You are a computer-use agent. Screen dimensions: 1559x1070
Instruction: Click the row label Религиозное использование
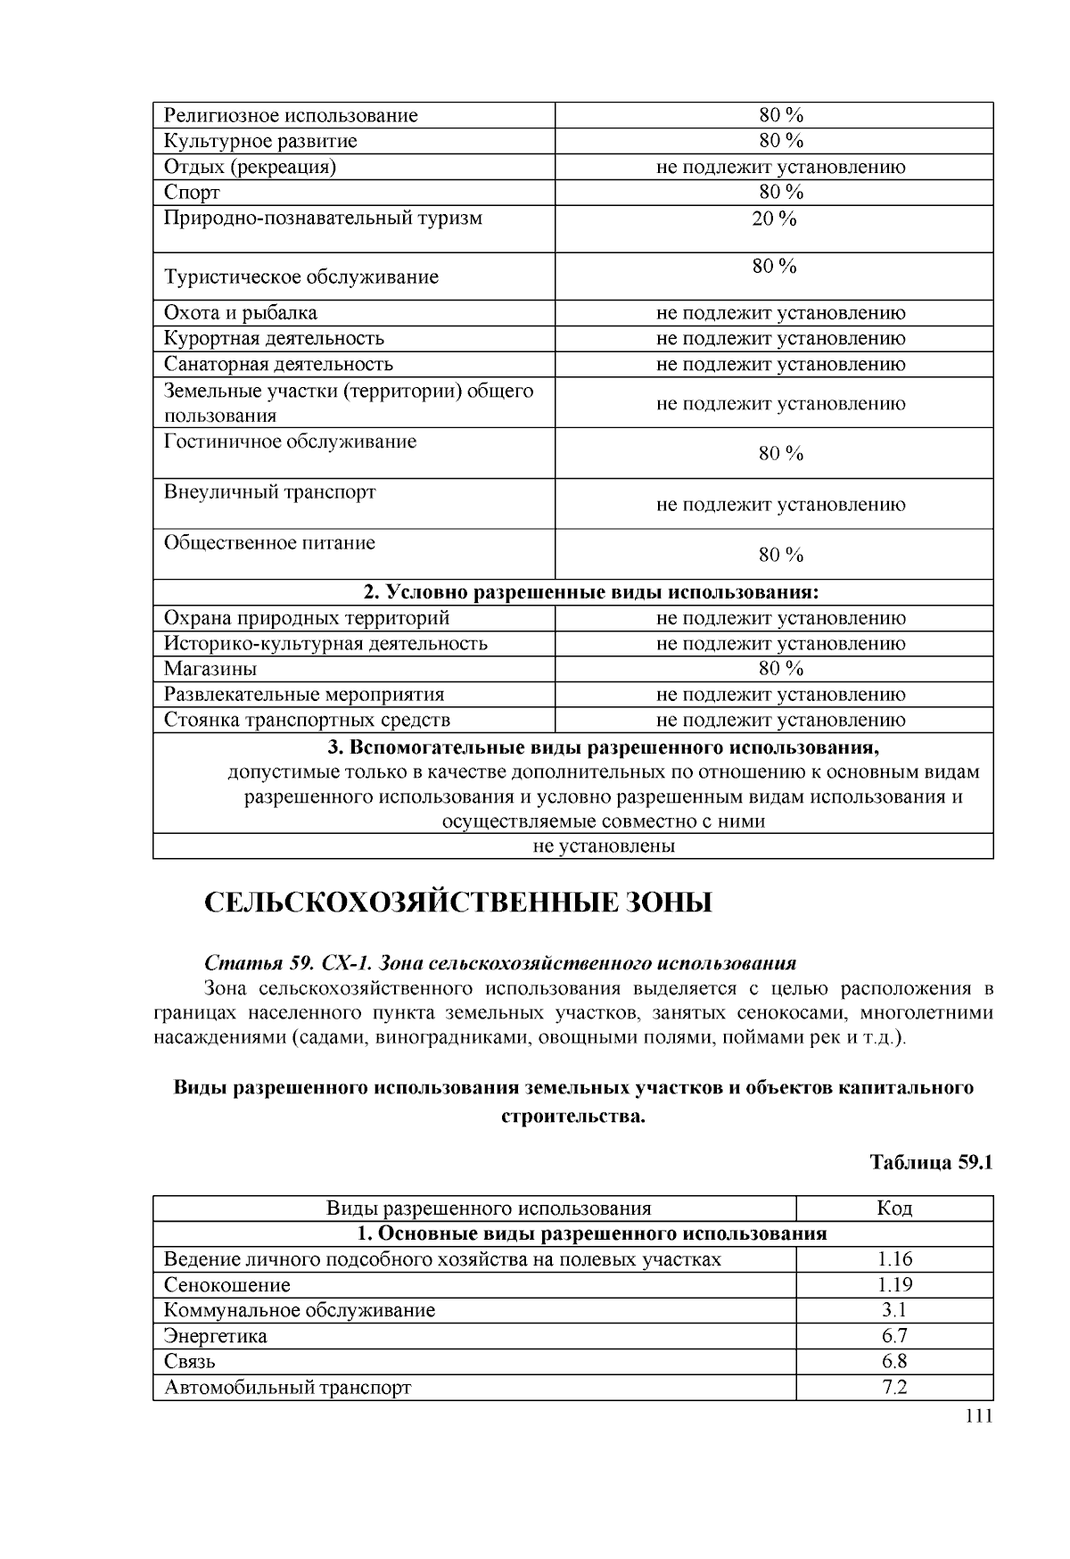tap(291, 116)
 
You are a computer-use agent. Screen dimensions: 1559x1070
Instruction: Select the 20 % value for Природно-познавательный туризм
tap(774, 219)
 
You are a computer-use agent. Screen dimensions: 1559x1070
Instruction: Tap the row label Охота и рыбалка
tap(241, 313)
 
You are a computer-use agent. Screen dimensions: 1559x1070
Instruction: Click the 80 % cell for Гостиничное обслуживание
tap(781, 454)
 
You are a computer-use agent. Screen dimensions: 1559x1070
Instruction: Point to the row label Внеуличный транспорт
tap(270, 492)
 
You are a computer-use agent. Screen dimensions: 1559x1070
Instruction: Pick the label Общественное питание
tap(270, 543)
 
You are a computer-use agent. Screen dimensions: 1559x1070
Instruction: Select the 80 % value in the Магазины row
tap(781, 669)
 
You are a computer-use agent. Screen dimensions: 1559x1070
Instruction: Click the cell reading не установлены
tap(604, 846)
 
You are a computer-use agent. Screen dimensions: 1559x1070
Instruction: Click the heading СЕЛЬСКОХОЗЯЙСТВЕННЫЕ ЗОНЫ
tap(458, 903)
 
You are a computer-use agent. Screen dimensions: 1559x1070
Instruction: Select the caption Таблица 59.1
tap(931, 1163)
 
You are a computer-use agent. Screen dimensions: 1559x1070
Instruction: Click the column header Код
tap(894, 1208)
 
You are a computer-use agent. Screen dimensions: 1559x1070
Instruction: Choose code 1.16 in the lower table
tap(894, 1259)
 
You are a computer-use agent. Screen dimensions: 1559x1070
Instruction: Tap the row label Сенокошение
tap(227, 1285)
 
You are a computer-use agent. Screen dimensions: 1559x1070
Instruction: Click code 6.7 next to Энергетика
tap(894, 1336)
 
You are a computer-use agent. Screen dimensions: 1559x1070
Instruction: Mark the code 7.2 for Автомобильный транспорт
tap(894, 1388)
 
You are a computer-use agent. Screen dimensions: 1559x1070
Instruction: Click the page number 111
tap(978, 1418)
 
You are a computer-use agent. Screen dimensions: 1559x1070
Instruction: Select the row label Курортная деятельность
tap(275, 339)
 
